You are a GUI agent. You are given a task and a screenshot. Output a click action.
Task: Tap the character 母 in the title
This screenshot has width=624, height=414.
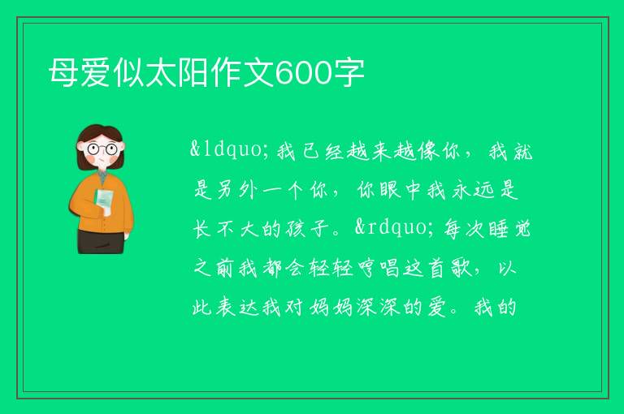(63, 73)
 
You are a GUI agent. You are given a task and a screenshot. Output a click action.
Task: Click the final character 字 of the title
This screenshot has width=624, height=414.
(349, 73)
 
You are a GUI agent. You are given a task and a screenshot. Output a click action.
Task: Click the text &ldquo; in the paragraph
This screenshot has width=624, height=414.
(226, 149)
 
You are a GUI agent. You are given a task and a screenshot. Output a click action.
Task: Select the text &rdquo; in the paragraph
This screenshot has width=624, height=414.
(391, 228)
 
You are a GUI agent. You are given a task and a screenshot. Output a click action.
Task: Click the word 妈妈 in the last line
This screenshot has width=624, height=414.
(331, 307)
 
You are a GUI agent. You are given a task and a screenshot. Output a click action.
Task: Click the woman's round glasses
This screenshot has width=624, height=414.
(102, 149)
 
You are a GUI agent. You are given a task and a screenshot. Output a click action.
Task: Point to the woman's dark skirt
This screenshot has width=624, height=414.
(101, 241)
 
